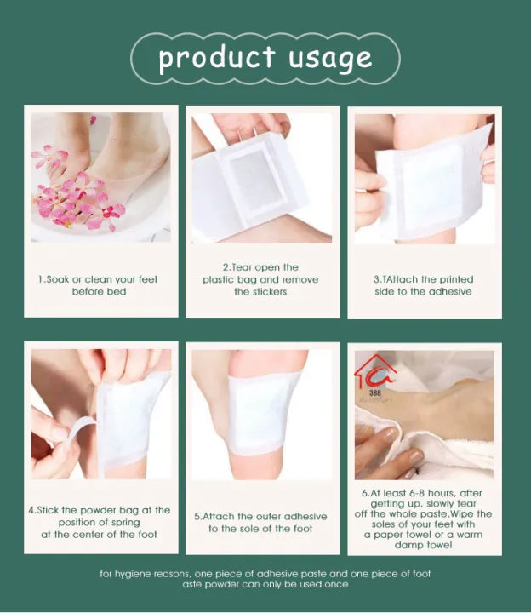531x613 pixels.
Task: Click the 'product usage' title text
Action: [x=265, y=58]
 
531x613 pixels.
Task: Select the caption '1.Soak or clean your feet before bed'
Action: [x=98, y=285]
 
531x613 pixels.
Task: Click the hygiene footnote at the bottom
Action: [x=265, y=579]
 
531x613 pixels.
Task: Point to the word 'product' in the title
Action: [x=217, y=58]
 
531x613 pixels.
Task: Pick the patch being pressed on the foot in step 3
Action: [x=430, y=183]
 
